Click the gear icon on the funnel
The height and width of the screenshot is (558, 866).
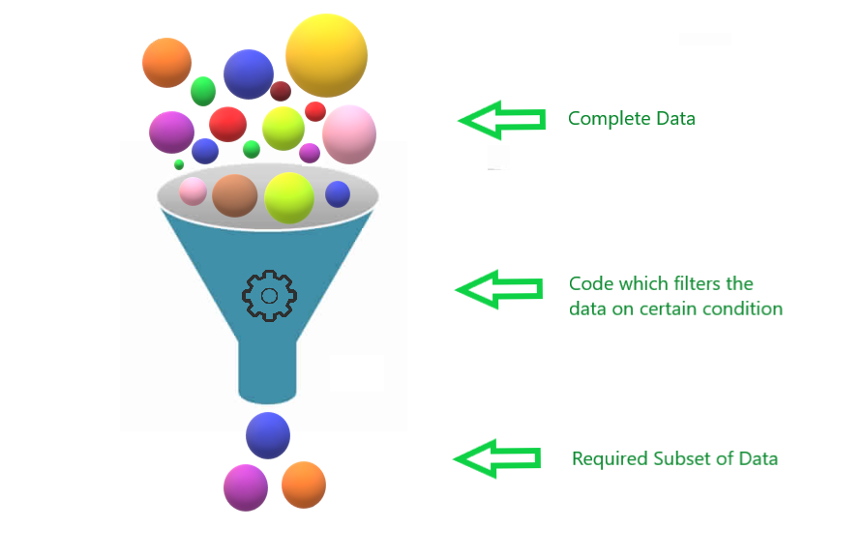269,296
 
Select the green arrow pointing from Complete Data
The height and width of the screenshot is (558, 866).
500,120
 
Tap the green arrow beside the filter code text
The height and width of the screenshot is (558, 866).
498,289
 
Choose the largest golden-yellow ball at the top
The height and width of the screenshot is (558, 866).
326,55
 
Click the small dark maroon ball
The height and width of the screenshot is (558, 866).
281,91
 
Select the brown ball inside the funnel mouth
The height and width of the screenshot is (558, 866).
234,195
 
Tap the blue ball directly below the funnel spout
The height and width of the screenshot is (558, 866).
268,435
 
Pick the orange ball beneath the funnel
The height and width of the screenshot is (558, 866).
304,485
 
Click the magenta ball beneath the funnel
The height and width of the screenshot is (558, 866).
245,486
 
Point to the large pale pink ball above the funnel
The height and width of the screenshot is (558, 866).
348,134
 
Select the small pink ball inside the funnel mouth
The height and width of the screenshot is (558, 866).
194,191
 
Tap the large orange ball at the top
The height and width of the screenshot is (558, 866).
166,63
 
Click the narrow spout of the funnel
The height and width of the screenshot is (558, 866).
266,372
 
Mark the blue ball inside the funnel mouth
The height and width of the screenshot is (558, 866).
338,194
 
